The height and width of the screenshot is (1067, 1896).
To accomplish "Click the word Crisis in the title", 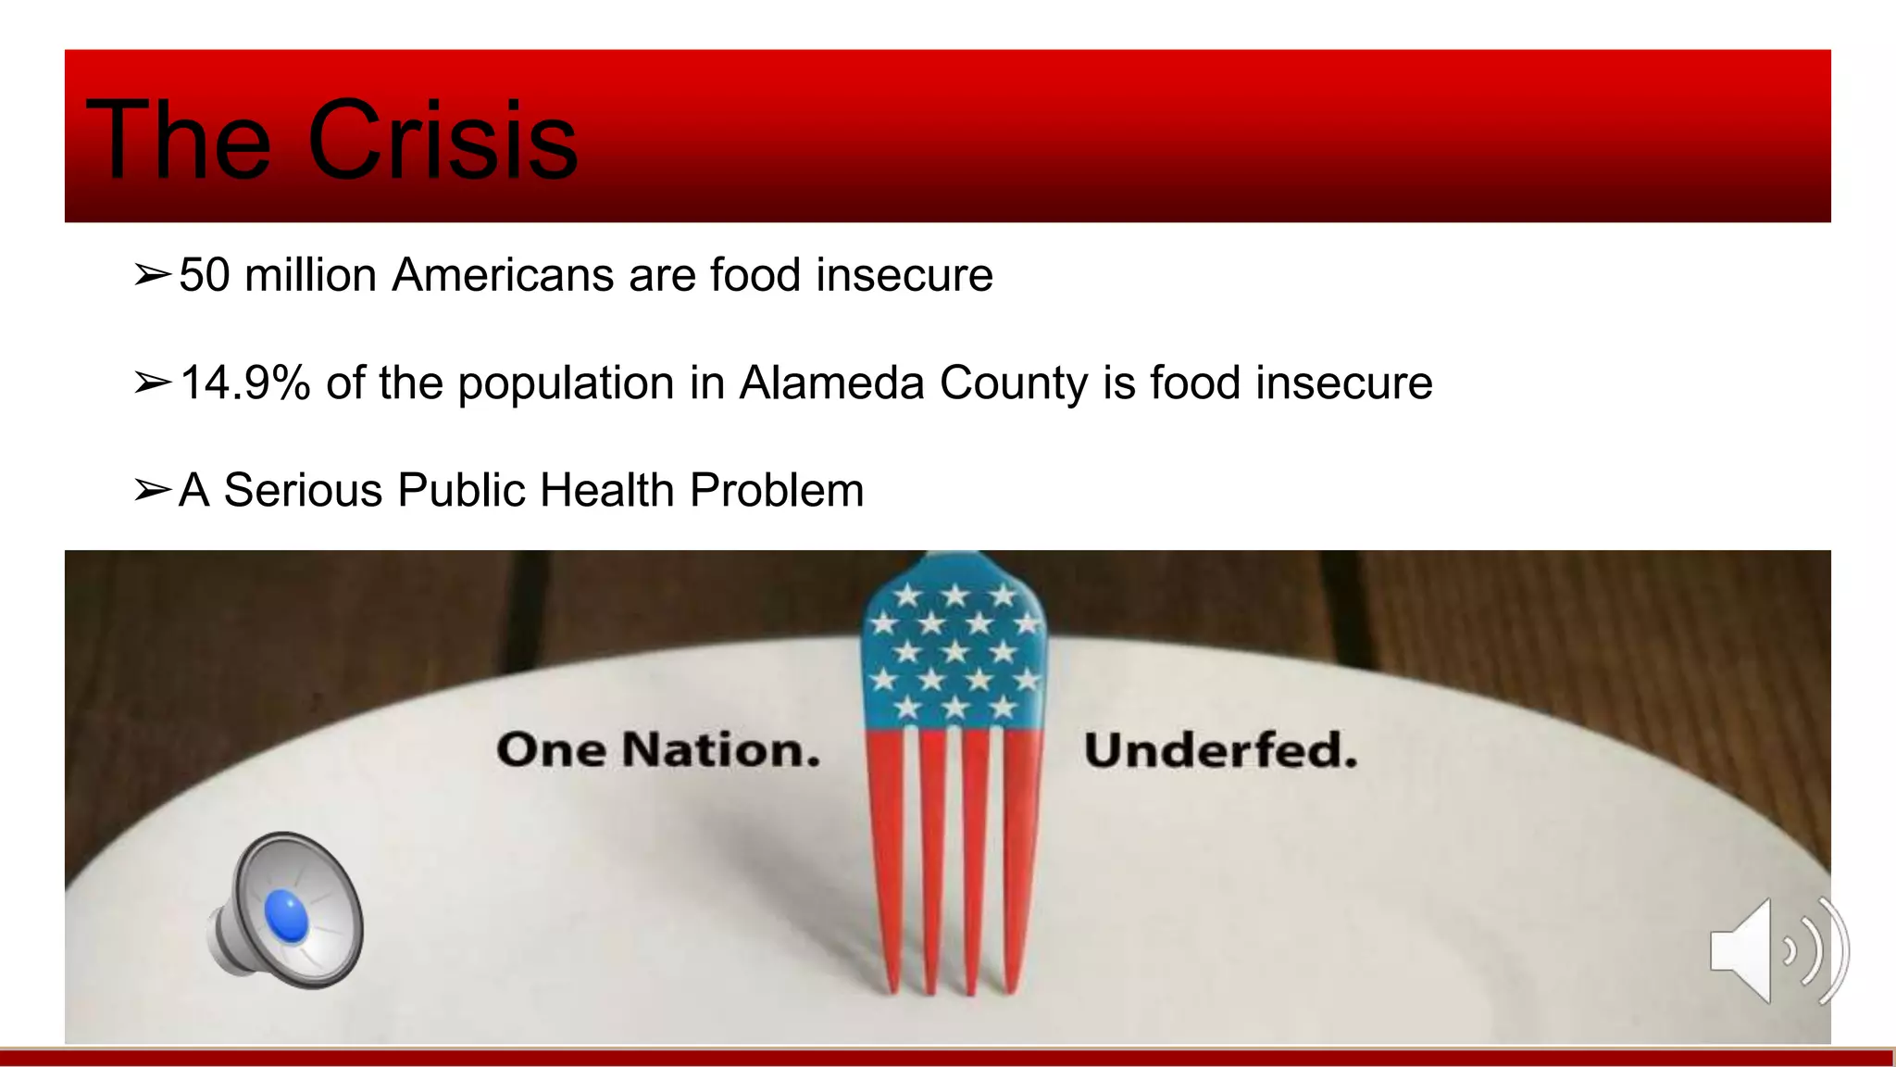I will (x=443, y=141).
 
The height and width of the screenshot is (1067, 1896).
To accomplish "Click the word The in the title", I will (x=178, y=141).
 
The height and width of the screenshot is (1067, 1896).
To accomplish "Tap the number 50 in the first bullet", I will (x=204, y=275).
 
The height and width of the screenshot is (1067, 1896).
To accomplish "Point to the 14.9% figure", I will (x=245, y=383).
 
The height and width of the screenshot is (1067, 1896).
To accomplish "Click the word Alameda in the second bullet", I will (x=831, y=383).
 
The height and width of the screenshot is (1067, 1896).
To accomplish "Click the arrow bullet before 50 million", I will (x=152, y=275).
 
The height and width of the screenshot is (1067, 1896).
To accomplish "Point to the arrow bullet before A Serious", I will (x=152, y=490).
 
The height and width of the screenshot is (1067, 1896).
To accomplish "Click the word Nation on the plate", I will (x=720, y=749).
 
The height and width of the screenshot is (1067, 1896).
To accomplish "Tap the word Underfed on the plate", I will (x=1220, y=749).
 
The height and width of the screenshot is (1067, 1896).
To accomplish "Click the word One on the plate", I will (x=552, y=749).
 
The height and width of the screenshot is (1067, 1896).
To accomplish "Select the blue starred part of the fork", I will (x=954, y=648).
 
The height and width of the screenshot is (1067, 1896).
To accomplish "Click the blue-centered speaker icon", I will (x=286, y=911).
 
